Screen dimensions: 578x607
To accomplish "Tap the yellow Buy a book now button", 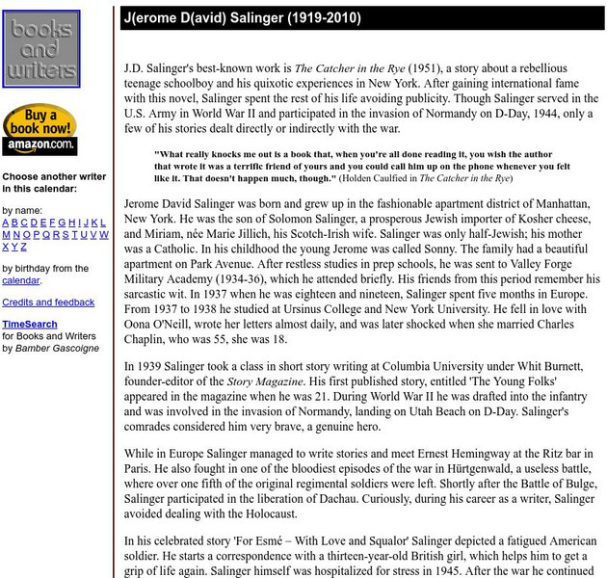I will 40,122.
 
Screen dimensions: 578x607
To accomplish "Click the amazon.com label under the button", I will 40,146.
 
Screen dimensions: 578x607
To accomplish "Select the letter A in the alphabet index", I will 6,223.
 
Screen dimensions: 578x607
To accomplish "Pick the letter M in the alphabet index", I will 6,234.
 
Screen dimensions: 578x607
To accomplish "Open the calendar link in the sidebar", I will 20,280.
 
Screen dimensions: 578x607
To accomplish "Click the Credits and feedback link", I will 48,302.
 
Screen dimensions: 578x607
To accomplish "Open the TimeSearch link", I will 29,325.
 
